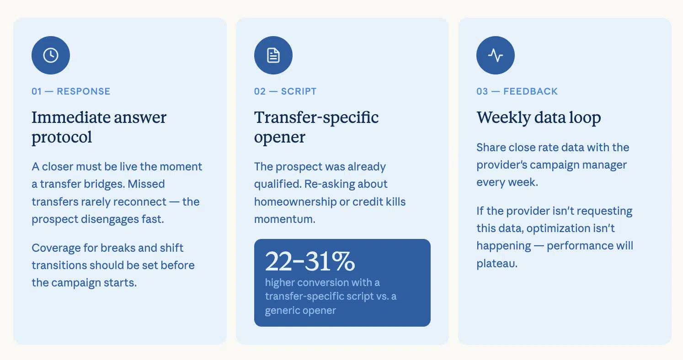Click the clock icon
pos(51,55)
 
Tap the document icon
pos(273,55)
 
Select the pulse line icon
pos(496,55)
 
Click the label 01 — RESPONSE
pos(71,91)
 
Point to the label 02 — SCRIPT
pos(285,91)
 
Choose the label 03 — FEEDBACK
pos(517,91)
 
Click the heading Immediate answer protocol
pos(99,127)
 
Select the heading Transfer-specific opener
pos(316,127)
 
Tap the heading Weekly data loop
pos(539,117)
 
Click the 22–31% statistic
pos(310,261)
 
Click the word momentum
pos(284,219)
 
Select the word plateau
pos(496,264)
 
